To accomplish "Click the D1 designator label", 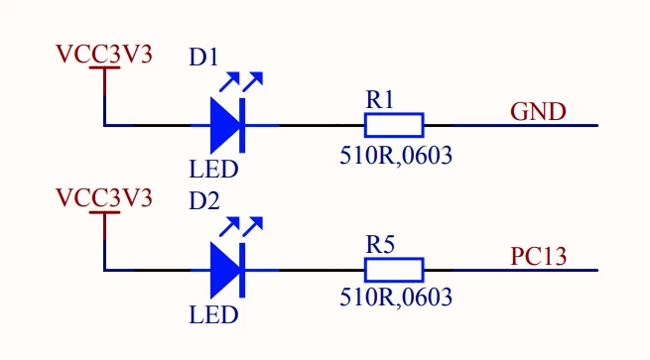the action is click(203, 58).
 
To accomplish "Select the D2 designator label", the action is click(203, 201).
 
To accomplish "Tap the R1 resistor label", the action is click(379, 100).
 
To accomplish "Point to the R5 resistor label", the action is click(380, 244).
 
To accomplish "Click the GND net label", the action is click(538, 112).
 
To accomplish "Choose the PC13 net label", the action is click(538, 257).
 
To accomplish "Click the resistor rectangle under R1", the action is click(394, 125).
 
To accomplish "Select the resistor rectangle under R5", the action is click(394, 270).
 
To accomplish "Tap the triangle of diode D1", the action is click(224, 125).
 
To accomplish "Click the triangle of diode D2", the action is click(224, 270).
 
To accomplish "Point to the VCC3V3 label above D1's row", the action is click(104, 55).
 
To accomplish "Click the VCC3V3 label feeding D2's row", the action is click(104, 198).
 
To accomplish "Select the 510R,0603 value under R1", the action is click(396, 156).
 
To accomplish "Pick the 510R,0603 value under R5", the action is click(396, 298).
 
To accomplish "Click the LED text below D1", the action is click(213, 169).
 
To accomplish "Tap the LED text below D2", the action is click(213, 314).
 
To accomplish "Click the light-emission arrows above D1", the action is click(241, 81).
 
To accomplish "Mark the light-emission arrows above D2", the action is click(241, 226).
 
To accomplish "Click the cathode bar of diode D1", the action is click(242, 126).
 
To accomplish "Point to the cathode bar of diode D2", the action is click(242, 271).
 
